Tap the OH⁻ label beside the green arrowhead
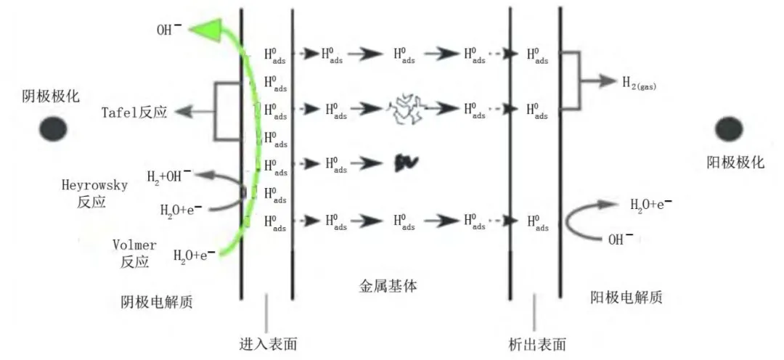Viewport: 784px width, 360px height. click(169, 30)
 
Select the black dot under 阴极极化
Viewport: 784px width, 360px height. click(54, 128)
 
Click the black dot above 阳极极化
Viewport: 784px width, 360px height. click(730, 129)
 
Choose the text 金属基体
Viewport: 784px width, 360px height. click(388, 287)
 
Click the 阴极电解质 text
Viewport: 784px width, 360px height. click(157, 302)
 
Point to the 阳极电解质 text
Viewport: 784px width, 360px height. click(626, 298)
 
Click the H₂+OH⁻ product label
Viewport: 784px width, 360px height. click(168, 176)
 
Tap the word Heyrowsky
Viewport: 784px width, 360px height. click(94, 186)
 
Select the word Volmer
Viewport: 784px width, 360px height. click(134, 245)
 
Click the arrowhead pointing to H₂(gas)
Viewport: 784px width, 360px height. click(608, 81)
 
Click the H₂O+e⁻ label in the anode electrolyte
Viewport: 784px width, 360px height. click(650, 204)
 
